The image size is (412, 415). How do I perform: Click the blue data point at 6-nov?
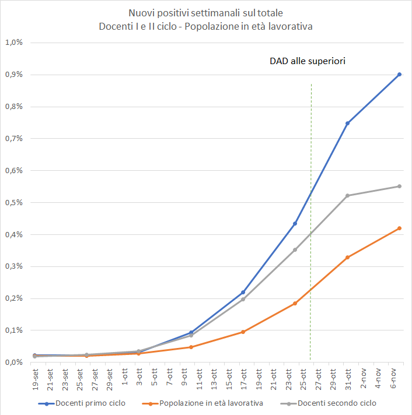[x=399, y=74]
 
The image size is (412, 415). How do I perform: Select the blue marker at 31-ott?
[x=347, y=123]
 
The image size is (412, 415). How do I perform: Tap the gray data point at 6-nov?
[x=399, y=187]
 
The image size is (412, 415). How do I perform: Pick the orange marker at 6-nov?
[x=399, y=228]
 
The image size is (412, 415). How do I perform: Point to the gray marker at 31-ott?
[x=347, y=195]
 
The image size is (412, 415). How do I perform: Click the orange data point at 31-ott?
[x=347, y=257]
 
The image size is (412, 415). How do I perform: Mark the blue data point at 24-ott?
[x=295, y=223]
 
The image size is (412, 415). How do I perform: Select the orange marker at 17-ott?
[x=243, y=332]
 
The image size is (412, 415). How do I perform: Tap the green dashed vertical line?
[x=310, y=175]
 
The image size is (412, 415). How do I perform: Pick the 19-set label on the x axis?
[x=35, y=378]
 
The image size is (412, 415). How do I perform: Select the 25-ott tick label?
[x=303, y=378]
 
